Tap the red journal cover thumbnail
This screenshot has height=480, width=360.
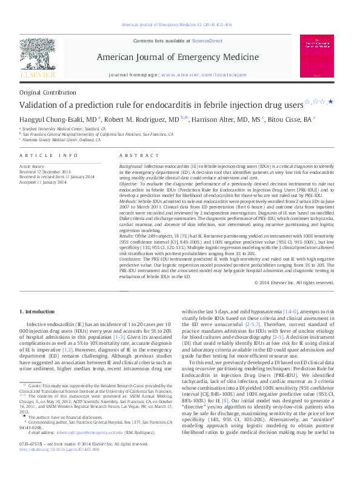(x=318, y=57)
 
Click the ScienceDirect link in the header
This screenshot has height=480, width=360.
(x=206, y=41)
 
